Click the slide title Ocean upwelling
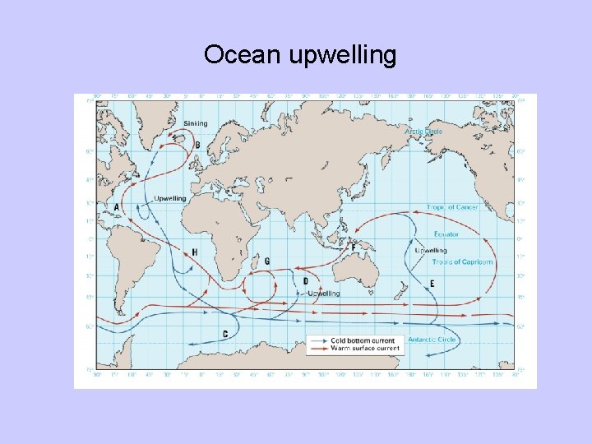pyautogui.click(x=300, y=55)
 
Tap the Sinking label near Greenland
pyautogui.click(x=196, y=123)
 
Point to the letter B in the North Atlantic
pyautogui.click(x=197, y=145)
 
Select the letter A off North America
pyautogui.click(x=117, y=206)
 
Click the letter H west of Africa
pyautogui.click(x=194, y=252)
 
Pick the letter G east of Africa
pyautogui.click(x=267, y=261)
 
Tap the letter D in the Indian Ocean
pyautogui.click(x=306, y=281)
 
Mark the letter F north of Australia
pyautogui.click(x=354, y=247)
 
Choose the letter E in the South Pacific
pyautogui.click(x=432, y=284)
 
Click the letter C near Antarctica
pyautogui.click(x=225, y=334)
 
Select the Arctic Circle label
pyautogui.click(x=423, y=132)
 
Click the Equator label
pyautogui.click(x=446, y=234)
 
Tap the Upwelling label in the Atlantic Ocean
pyautogui.click(x=170, y=198)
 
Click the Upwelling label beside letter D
pyautogui.click(x=323, y=294)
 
